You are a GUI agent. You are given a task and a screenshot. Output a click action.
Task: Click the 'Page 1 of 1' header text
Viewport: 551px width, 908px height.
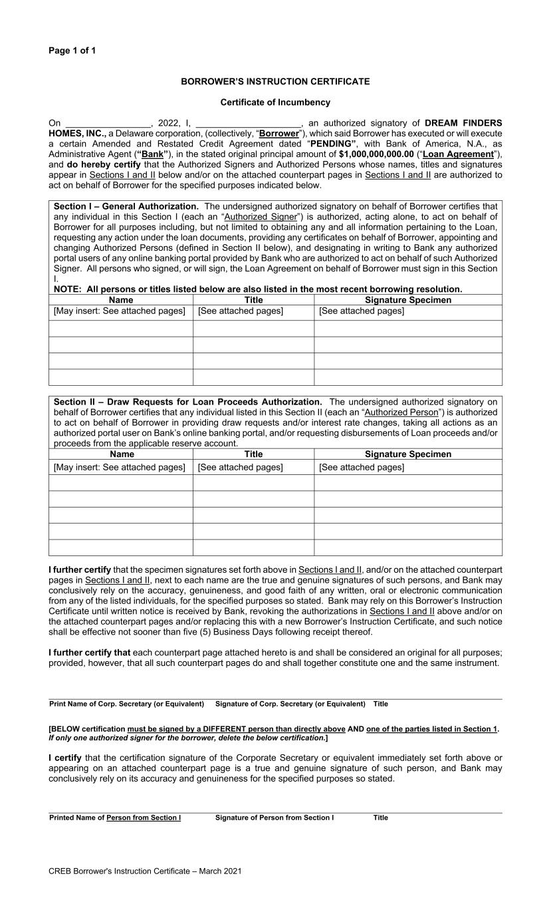pyautogui.click(x=72, y=51)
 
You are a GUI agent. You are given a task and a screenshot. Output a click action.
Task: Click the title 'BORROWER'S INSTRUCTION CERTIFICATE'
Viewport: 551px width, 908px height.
pyautogui.click(x=275, y=81)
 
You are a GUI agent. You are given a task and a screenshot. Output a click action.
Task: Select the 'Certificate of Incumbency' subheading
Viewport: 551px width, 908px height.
pyautogui.click(x=275, y=102)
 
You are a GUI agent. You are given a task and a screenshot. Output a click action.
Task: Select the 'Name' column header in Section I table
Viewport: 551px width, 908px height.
pyautogui.click(x=121, y=300)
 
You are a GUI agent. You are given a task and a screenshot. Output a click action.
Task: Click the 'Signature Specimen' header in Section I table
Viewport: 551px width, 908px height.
pyautogui.click(x=407, y=300)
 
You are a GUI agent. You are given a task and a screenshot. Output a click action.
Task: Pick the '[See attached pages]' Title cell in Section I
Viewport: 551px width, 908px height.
pyautogui.click(x=240, y=311)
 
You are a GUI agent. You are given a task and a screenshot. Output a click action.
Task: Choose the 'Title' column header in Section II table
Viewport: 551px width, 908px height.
pyautogui.click(x=253, y=454)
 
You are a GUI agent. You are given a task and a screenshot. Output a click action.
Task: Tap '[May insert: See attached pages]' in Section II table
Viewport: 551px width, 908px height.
pyautogui.click(x=120, y=467)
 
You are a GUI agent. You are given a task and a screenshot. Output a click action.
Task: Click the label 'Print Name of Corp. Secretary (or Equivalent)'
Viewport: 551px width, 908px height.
pyautogui.click(x=126, y=704)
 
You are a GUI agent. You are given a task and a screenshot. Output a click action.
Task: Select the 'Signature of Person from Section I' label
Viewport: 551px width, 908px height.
pyautogui.click(x=275, y=818)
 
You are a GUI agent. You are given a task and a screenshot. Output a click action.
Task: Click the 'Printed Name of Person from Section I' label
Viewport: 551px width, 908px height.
pyautogui.click(x=115, y=818)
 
